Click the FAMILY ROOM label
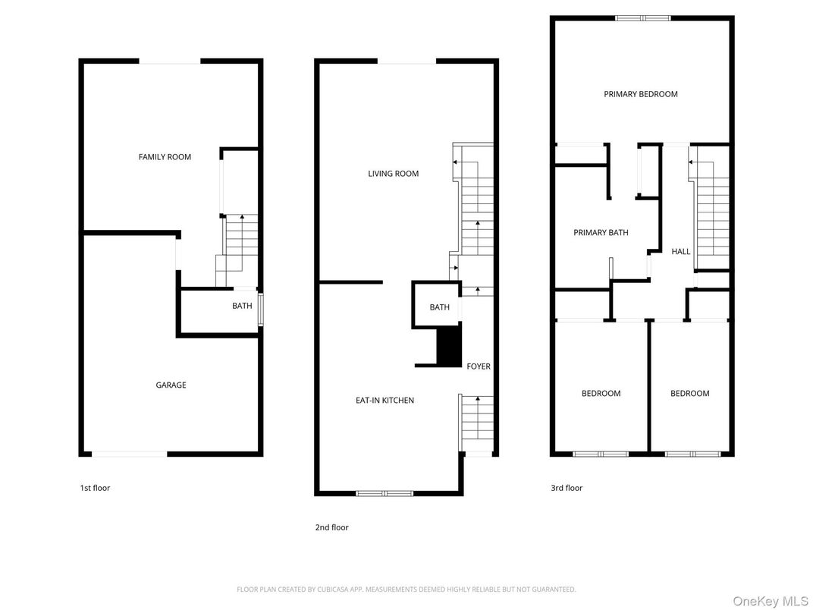coord(165,157)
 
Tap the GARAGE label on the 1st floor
coord(171,385)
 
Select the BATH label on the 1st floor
coord(242,307)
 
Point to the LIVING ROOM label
coord(393,174)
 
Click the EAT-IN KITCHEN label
coord(385,401)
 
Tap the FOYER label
coord(478,366)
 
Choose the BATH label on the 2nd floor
coord(439,307)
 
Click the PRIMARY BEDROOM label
coord(640,94)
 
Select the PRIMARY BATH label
coord(601,233)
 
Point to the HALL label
coord(680,251)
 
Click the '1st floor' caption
coord(95,488)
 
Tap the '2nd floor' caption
coord(331,527)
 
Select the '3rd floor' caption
coord(567,488)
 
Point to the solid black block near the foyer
coord(449,346)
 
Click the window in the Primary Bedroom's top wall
coord(642,18)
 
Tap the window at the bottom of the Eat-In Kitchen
coord(385,494)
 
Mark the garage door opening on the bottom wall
coord(129,454)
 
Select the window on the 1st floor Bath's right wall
coord(260,310)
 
